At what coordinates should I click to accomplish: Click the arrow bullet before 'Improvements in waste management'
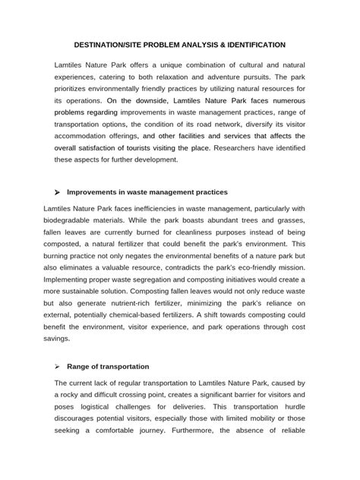tap(58, 192)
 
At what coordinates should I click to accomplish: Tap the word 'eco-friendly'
tap(255, 270)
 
